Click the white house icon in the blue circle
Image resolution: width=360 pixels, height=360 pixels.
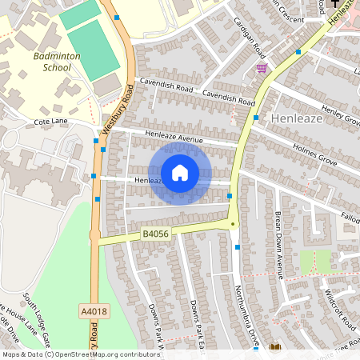tap(180, 173)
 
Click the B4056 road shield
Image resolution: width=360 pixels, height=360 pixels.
tap(155, 234)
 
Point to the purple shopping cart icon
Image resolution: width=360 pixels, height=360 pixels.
tap(262, 69)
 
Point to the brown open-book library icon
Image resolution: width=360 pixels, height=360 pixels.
tap(276, 347)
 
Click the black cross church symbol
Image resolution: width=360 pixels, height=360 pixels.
tap(334, 4)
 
